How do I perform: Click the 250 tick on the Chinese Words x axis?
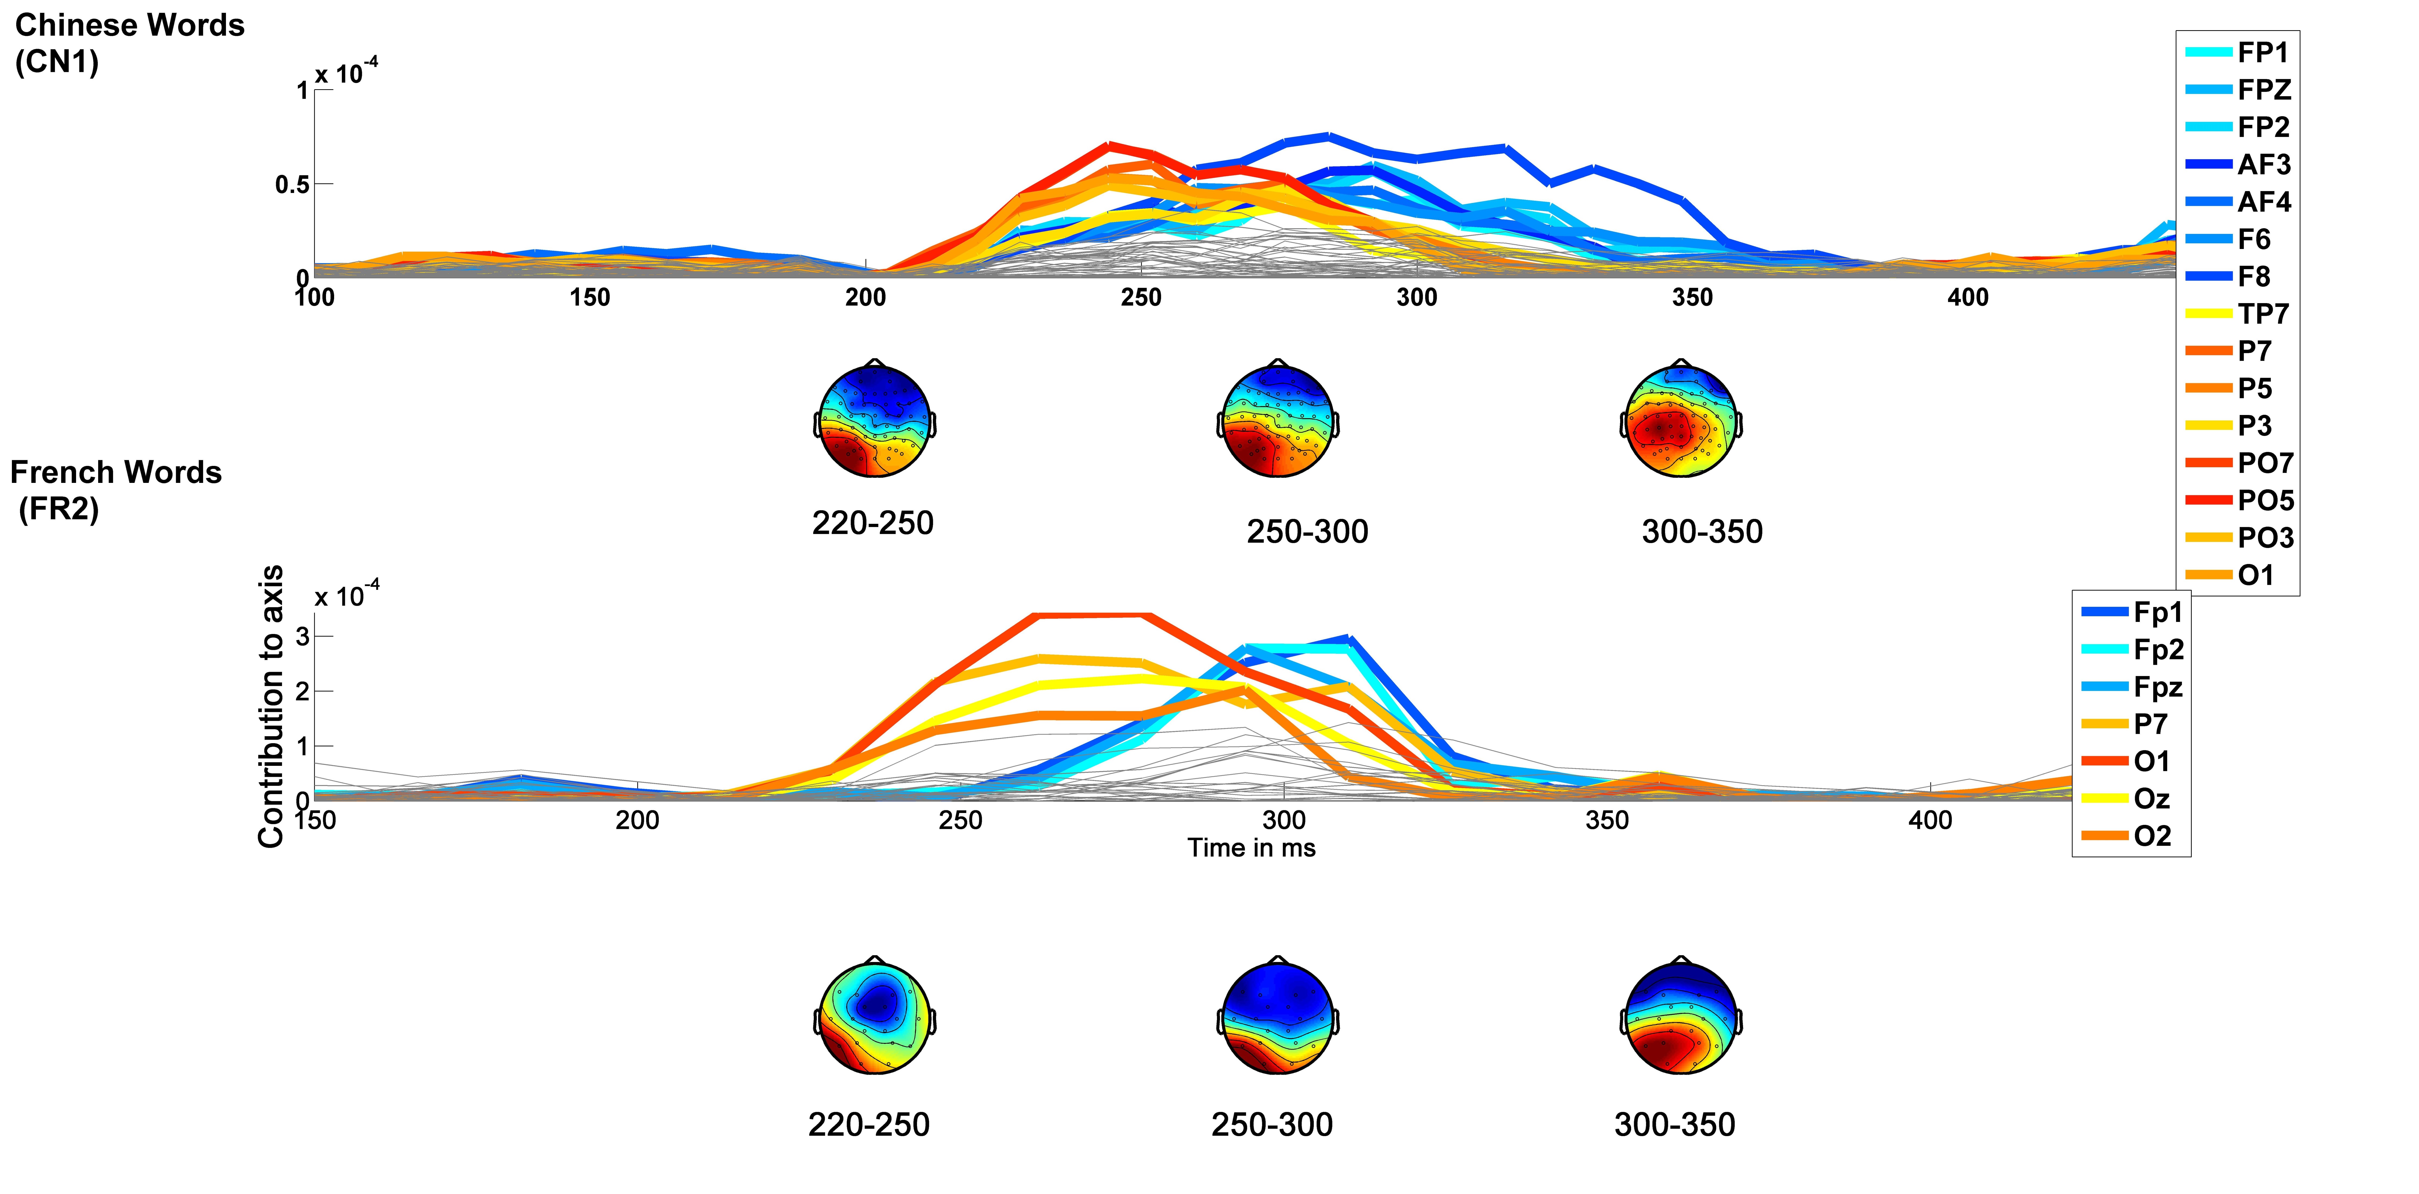1141,297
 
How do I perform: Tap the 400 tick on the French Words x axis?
1930,821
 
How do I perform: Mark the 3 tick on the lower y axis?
302,636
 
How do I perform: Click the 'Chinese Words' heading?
130,25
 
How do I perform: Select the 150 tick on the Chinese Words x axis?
590,297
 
